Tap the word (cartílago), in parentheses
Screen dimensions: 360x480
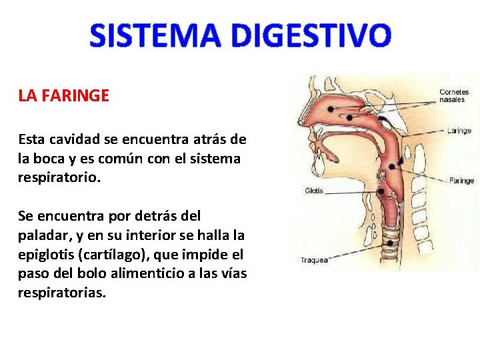(x=126, y=255)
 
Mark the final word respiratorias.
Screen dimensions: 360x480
(x=61, y=293)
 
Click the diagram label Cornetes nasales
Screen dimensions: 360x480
(x=454, y=95)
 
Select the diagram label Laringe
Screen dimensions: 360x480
(x=459, y=131)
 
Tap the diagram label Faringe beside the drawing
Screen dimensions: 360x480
(x=461, y=180)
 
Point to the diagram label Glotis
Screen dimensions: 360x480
(x=314, y=191)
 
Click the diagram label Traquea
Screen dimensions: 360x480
(x=314, y=260)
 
